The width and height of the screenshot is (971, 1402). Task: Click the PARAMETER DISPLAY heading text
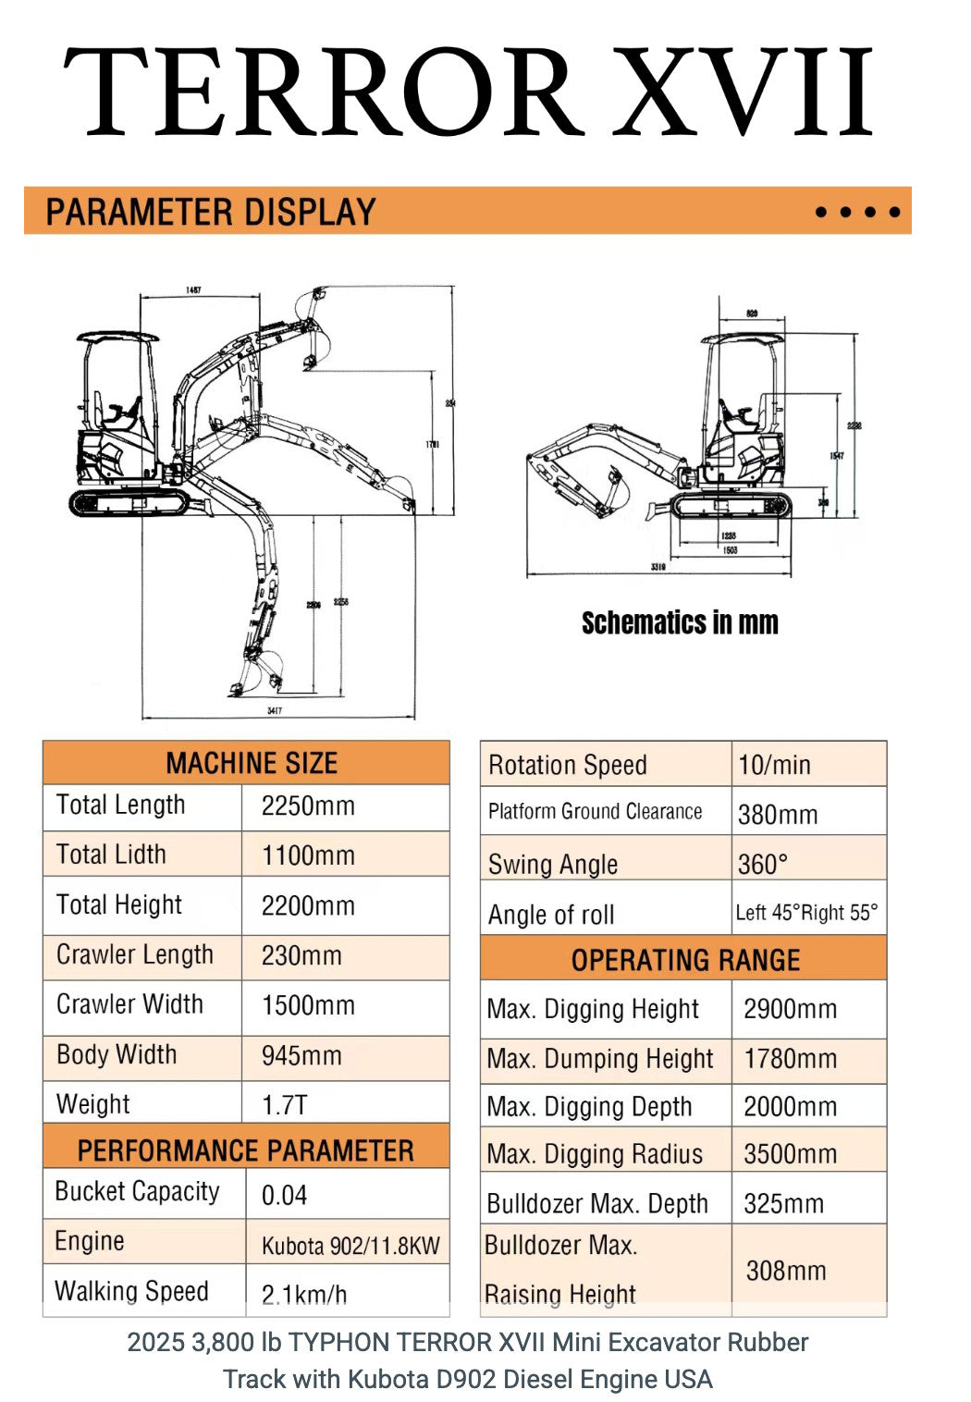(x=211, y=212)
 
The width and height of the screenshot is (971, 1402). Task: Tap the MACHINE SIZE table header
(x=252, y=763)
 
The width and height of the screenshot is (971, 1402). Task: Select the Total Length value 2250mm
(x=308, y=806)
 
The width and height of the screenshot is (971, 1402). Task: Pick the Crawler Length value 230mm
(x=301, y=955)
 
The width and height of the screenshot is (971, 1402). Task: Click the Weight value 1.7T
(x=284, y=1105)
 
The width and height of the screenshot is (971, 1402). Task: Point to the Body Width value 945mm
(x=301, y=1055)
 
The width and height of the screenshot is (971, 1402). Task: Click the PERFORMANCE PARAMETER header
(x=246, y=1150)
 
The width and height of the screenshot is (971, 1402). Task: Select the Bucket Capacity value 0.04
(x=284, y=1195)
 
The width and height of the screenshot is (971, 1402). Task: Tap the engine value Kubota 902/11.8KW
(x=350, y=1246)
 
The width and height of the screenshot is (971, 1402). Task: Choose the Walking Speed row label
(x=132, y=1291)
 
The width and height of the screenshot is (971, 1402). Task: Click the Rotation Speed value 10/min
(x=774, y=765)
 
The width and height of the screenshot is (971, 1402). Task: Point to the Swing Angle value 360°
(x=763, y=865)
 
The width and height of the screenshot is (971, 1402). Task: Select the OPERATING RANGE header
(x=685, y=960)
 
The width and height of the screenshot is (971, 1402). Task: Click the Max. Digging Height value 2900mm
(x=790, y=1009)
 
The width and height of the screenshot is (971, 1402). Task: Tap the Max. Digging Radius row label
(x=595, y=1154)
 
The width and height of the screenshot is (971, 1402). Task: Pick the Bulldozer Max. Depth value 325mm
(x=783, y=1203)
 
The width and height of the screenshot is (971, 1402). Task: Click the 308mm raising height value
(x=786, y=1271)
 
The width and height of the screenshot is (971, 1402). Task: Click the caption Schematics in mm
(x=680, y=622)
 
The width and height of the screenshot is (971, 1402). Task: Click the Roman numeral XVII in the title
(x=745, y=92)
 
